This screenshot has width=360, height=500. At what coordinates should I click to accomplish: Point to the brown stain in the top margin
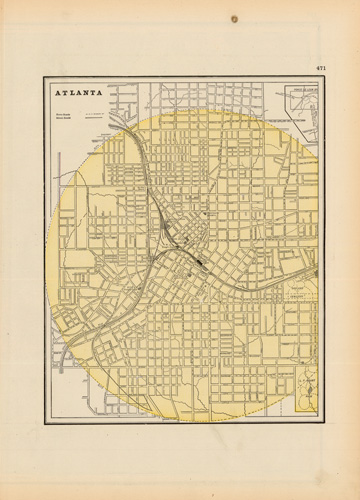coord(235,19)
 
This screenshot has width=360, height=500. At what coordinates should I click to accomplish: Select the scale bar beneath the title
coord(98,115)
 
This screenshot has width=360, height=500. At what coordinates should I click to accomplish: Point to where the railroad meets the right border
coord(317,271)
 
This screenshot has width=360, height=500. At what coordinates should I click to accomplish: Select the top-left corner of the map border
coord(43,79)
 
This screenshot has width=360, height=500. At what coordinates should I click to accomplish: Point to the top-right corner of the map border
coord(318,79)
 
